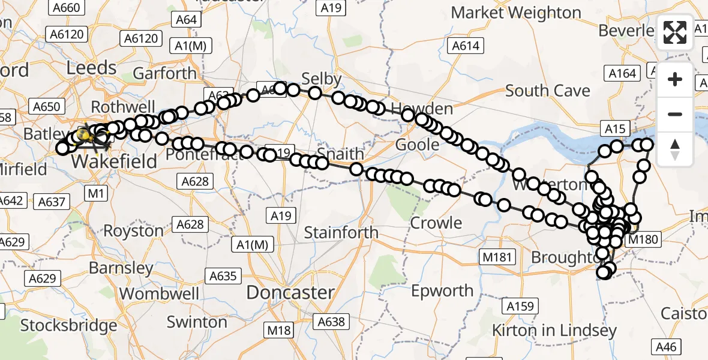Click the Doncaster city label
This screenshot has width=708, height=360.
[x=290, y=293]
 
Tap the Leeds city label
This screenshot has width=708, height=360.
[x=91, y=68]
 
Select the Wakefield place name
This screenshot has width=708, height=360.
[x=114, y=161]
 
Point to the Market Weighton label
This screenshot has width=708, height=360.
[x=516, y=13]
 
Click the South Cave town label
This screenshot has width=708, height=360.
[x=547, y=91]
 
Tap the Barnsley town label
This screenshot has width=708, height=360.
[x=121, y=268]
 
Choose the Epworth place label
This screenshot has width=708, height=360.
[x=442, y=291]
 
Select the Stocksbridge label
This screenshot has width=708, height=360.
[x=68, y=326]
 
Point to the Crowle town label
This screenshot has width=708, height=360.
[x=436, y=223]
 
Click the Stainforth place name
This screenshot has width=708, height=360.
[x=341, y=232]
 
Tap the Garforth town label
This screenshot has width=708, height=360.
[x=164, y=73]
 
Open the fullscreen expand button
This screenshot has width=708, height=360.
[x=675, y=32]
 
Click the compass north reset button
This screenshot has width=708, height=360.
[x=675, y=149]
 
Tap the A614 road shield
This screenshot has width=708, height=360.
[x=466, y=46]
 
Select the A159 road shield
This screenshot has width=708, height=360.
[x=520, y=307]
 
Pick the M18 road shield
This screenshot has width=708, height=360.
[x=280, y=330]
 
